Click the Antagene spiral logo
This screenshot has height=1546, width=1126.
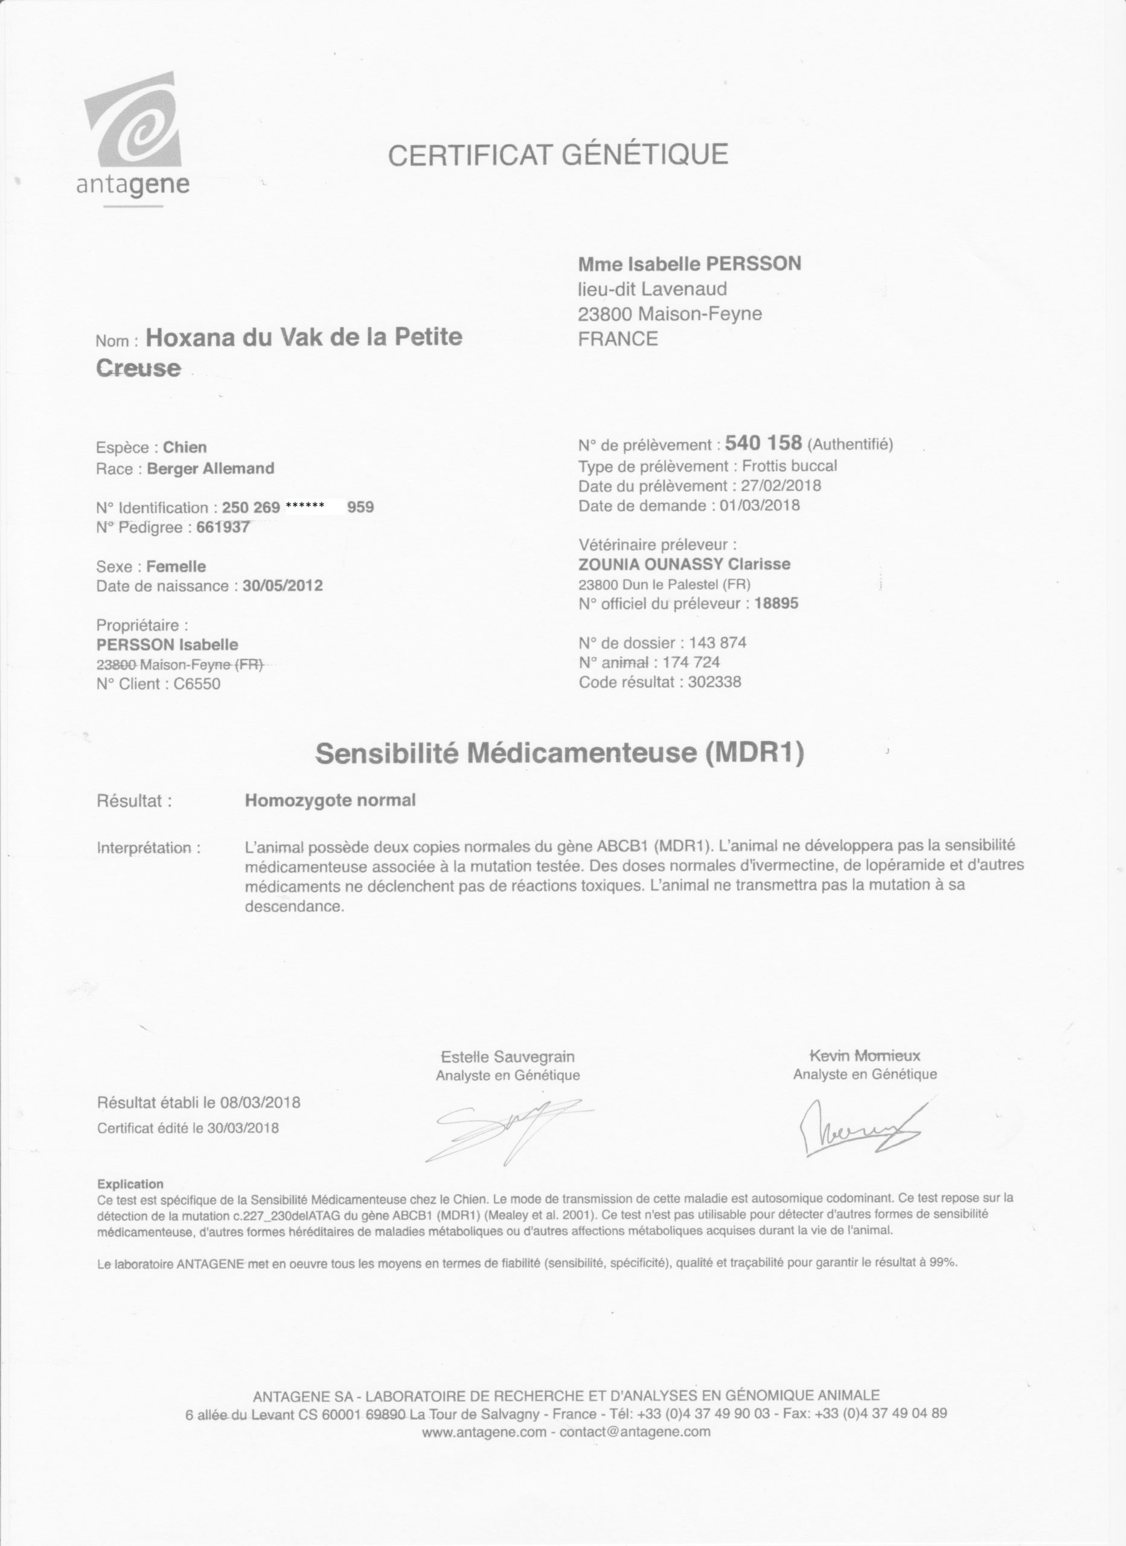click(134, 123)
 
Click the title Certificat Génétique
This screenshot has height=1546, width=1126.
click(557, 155)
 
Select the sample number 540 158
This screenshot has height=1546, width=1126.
click(763, 443)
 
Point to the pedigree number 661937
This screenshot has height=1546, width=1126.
click(223, 527)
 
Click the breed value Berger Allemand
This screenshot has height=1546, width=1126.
click(211, 468)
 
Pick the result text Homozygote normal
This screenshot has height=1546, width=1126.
click(330, 800)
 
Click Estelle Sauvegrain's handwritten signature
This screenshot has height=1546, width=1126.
click(508, 1128)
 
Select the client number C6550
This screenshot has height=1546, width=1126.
click(197, 684)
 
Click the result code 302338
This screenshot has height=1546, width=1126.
click(714, 682)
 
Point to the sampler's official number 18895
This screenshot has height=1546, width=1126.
click(776, 603)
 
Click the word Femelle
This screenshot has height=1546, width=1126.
click(176, 566)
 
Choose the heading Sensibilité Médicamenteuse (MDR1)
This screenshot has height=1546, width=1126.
click(559, 753)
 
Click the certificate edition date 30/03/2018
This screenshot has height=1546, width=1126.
click(243, 1127)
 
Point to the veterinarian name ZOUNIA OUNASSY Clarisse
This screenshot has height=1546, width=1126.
click(684, 565)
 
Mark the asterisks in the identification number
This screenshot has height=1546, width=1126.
click(305, 505)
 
